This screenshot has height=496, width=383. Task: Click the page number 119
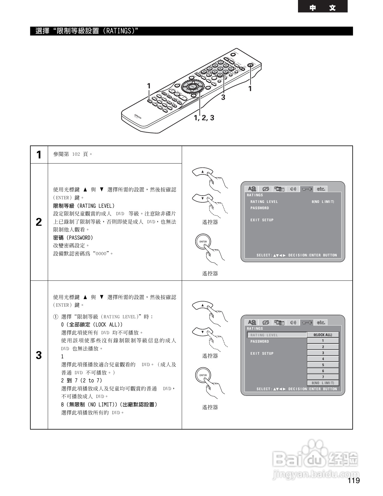coord(354,481)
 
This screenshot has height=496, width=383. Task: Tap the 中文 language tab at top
coord(323,7)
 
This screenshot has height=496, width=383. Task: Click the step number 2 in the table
coord(39,222)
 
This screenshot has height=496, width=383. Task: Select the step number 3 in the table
coord(39,355)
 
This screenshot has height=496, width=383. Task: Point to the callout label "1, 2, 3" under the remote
coord(204,118)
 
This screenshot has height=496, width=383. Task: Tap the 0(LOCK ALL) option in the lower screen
coord(323,335)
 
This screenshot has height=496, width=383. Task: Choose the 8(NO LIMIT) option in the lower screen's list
coord(323,383)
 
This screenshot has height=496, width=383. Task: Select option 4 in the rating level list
coord(323,359)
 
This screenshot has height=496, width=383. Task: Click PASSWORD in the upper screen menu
coord(260,208)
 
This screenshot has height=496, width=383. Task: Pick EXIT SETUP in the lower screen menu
coord(262,354)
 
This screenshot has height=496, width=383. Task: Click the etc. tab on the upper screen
coord(321,189)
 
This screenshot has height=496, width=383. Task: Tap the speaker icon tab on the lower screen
coord(293,323)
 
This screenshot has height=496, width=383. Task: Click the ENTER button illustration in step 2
coord(203,242)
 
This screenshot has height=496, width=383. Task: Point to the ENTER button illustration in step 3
coord(203,375)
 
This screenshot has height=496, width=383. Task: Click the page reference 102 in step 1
coord(76,154)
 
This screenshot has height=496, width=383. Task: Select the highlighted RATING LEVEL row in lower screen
coord(276,335)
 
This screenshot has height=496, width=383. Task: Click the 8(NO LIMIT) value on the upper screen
coord(323,202)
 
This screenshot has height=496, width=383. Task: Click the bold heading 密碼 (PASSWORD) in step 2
coord(73,238)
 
